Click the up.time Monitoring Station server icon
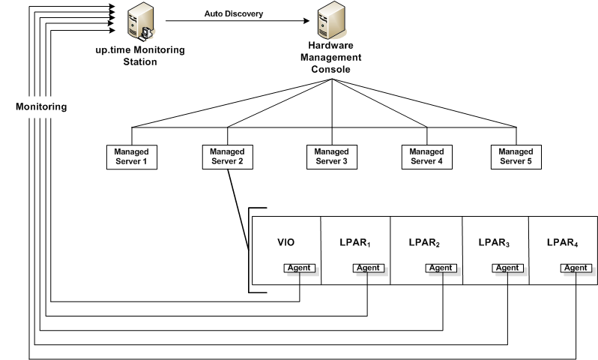coord(140,23)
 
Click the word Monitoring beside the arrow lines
coord(42,106)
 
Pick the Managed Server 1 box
coord(132,157)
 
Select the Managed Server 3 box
coord(332,157)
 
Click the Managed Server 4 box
coord(425,157)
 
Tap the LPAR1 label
coord(356,243)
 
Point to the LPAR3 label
coord(495,243)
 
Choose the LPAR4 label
coord(561,243)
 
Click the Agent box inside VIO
coord(299,268)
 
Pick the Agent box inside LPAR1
coord(368,268)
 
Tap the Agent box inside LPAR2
coord(440,268)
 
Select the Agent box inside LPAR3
coord(507,268)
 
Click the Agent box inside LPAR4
coord(575,268)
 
